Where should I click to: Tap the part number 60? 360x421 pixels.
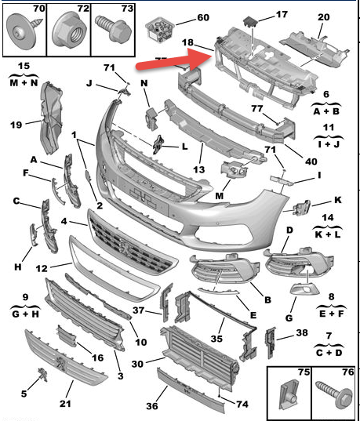tap(203, 17)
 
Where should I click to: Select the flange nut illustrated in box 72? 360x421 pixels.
tap(69, 31)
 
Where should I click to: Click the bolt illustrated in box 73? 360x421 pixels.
tap(114, 28)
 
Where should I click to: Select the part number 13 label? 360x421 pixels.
tap(198, 169)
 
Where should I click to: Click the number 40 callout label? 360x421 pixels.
tap(311, 162)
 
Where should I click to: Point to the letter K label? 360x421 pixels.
tap(338, 200)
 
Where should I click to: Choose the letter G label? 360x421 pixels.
tap(289, 318)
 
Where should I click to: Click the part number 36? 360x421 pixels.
tap(152, 405)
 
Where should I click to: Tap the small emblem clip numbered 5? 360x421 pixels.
tap(42, 374)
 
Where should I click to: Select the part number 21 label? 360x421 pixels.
tap(65, 403)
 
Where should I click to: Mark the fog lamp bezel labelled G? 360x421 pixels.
tap(305, 290)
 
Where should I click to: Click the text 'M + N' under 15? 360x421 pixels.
tap(24, 82)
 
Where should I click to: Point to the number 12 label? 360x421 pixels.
tap(42, 268)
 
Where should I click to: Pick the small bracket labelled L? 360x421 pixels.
tap(158, 145)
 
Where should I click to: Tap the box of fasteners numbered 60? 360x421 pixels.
tap(160, 30)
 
